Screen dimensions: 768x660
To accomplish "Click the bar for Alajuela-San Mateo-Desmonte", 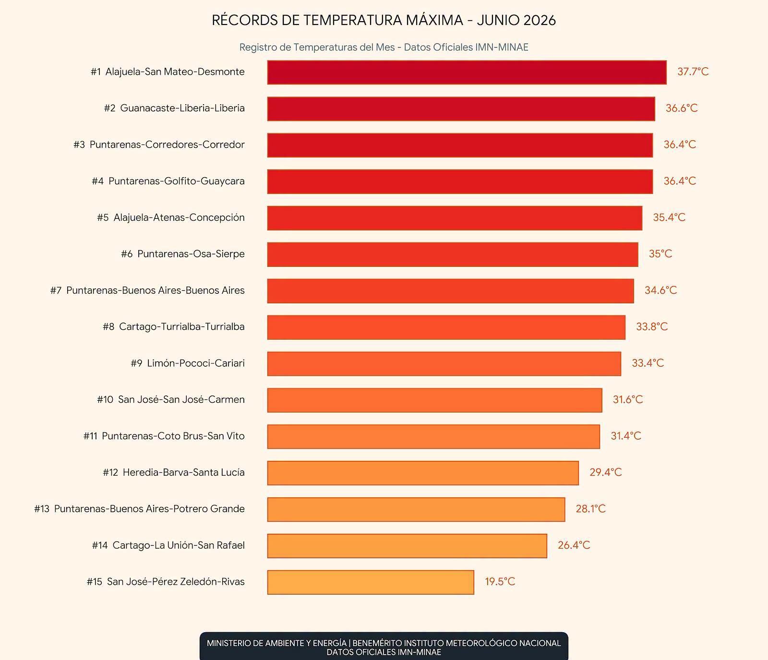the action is tap(467, 72).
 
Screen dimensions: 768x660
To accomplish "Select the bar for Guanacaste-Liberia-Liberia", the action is tap(461, 109).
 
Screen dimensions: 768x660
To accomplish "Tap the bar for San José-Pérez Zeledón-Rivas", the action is tap(371, 582).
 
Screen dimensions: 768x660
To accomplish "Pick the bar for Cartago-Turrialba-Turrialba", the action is tap(446, 327).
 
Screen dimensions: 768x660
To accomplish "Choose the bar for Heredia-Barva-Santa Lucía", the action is tap(423, 473).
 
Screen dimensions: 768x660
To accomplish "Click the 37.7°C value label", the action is tap(693, 72).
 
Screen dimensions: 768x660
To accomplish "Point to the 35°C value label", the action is tap(660, 254).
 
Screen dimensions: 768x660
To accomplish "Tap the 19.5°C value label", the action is tap(500, 582).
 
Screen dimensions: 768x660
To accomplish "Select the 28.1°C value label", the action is tap(590, 509).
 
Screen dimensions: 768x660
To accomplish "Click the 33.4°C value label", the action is tap(648, 363).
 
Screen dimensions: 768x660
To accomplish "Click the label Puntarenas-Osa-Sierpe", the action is tap(191, 254).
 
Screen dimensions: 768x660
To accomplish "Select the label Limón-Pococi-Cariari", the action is tap(196, 363).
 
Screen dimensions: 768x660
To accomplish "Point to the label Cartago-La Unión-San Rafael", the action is tap(179, 545).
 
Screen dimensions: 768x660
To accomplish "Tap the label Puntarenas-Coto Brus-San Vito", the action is tap(173, 436).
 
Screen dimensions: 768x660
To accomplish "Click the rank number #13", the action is tap(42, 509).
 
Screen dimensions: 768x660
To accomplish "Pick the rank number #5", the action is tap(103, 217).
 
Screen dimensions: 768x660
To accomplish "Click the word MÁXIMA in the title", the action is tap(434, 20).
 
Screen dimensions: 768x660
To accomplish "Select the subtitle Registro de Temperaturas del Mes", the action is tap(317, 47).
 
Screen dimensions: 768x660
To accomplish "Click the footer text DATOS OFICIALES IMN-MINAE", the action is tap(384, 652).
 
